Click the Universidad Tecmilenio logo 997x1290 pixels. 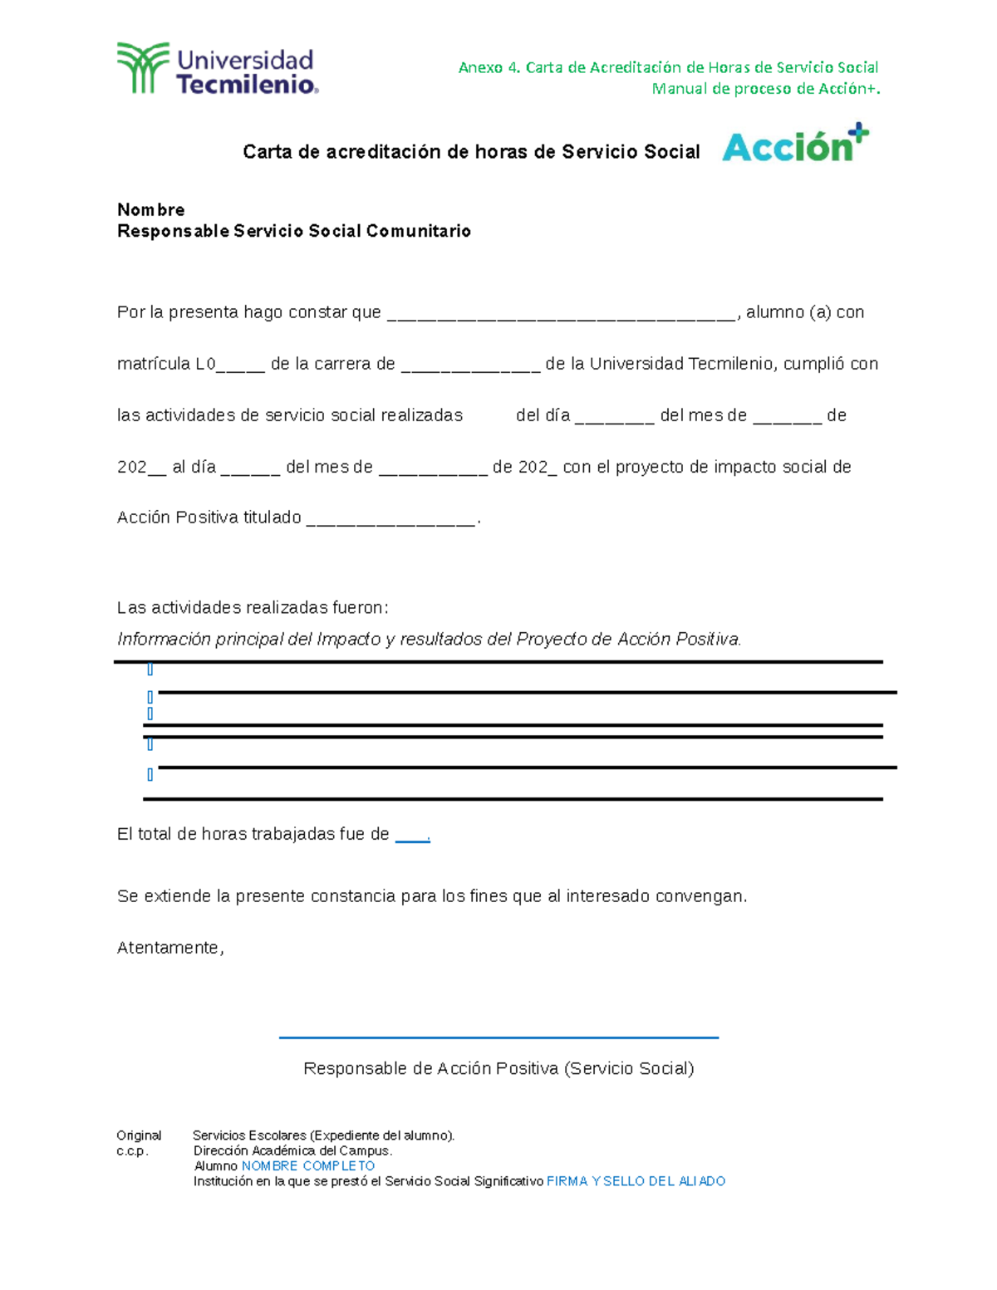pyautogui.click(x=218, y=68)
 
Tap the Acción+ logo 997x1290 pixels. pyautogui.click(x=794, y=145)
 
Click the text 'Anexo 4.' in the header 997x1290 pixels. pyautogui.click(x=489, y=67)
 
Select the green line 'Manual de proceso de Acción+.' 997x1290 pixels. pyautogui.click(x=765, y=89)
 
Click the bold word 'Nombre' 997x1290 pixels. pyautogui.click(x=150, y=209)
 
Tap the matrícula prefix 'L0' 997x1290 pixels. pyautogui.click(x=205, y=364)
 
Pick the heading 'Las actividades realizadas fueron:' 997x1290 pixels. pyautogui.click(x=253, y=607)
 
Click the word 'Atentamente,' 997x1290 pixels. pyautogui.click(x=170, y=948)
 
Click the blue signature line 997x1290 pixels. pyautogui.click(x=498, y=1037)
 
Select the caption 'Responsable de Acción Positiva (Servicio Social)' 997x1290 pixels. pyautogui.click(x=498, y=1068)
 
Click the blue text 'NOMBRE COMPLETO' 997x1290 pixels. pyautogui.click(x=307, y=1166)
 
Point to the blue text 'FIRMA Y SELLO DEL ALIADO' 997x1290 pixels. pyautogui.click(x=636, y=1181)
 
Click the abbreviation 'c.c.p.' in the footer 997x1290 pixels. pyautogui.click(x=132, y=1151)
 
